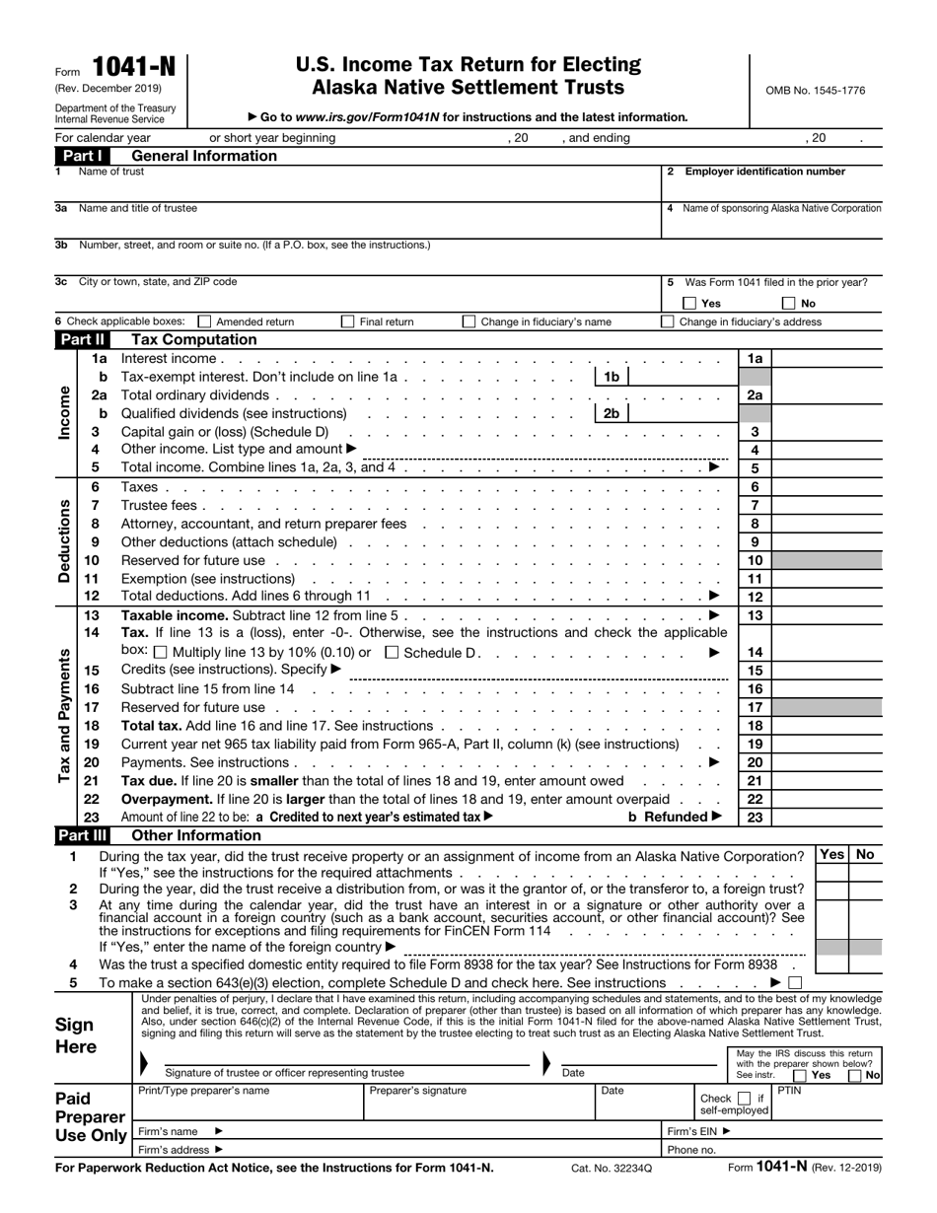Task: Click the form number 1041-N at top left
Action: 134,67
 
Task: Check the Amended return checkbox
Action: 204,321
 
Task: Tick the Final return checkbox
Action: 347,321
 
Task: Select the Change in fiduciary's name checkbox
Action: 468,321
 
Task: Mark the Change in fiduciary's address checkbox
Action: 668,321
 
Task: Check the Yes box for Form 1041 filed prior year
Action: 690,304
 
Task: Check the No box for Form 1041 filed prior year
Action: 789,304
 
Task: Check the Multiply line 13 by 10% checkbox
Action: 161,652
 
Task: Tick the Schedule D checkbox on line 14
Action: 392,652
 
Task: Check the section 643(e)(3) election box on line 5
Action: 796,983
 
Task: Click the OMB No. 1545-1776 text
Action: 815,91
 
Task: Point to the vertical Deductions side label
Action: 65,541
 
